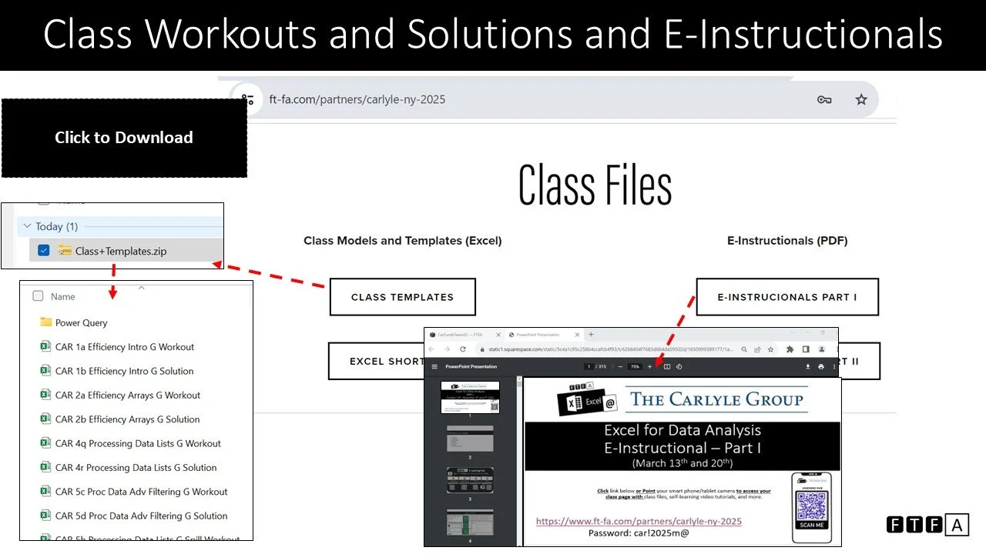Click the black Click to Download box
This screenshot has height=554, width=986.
[124, 138]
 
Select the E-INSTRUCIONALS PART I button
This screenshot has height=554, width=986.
[786, 297]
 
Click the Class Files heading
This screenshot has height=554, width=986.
[595, 185]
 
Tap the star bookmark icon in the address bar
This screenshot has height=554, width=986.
[861, 99]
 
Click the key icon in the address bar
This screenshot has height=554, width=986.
[824, 99]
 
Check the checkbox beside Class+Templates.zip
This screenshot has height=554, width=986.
[44, 250]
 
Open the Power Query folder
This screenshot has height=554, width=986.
[81, 323]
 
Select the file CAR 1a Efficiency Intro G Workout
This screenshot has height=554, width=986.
[124, 347]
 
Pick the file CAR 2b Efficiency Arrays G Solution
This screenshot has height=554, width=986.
[127, 419]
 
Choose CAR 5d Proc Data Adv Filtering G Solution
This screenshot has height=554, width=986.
[141, 516]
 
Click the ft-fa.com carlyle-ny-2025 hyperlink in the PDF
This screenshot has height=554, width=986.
[639, 521]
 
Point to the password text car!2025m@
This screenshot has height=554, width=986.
[638, 532]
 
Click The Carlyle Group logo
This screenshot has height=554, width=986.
[716, 399]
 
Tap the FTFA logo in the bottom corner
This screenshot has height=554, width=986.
[927, 525]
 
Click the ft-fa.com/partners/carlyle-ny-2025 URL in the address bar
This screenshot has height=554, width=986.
[357, 99]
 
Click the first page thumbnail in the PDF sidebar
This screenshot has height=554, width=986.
[470, 397]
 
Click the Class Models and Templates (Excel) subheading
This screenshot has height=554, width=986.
[402, 241]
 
